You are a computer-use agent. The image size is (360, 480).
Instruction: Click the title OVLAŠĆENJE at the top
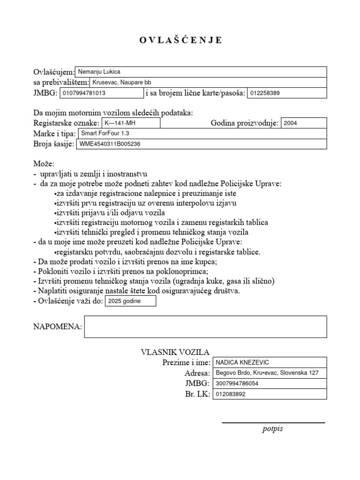click(180, 40)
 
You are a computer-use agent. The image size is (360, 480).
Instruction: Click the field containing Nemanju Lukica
click(201, 72)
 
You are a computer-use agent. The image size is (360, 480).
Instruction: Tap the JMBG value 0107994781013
click(100, 93)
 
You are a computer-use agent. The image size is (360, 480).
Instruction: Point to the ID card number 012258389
click(286, 93)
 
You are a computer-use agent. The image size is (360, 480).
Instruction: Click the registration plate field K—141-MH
click(130, 123)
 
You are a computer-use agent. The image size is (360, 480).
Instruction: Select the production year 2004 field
click(303, 123)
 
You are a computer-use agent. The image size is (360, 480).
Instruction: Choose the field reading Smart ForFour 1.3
click(202, 134)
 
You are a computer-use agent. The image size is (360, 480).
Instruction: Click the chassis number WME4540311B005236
click(201, 144)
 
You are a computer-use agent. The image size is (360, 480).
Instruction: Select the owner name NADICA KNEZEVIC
click(269, 362)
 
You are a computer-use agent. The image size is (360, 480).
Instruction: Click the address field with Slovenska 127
click(269, 373)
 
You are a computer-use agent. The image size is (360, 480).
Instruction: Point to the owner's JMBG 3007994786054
click(269, 383)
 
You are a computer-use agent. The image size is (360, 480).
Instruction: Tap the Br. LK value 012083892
click(269, 394)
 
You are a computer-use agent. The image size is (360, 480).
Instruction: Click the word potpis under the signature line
click(272, 429)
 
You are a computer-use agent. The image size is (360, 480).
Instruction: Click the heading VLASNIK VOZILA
click(175, 352)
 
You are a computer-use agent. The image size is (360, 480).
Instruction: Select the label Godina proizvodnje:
click(245, 123)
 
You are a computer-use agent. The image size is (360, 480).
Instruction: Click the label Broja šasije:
click(53, 144)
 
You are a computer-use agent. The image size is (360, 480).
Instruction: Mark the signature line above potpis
click(273, 423)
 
